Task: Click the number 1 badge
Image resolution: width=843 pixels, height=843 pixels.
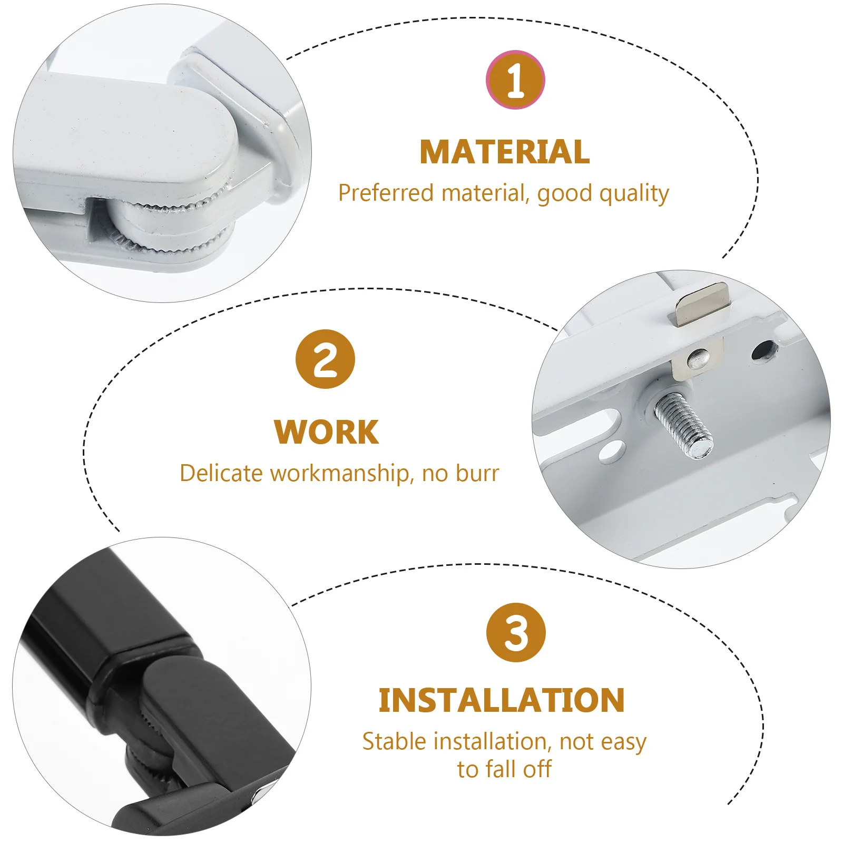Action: click(515, 80)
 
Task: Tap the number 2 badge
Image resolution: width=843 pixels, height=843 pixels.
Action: click(325, 359)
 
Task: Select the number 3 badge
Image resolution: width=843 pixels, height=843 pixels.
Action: click(516, 632)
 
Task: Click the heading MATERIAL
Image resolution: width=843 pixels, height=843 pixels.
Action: click(504, 152)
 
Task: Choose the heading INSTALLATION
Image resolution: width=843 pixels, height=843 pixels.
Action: click(501, 700)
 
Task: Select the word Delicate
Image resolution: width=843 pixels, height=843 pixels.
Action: click(221, 473)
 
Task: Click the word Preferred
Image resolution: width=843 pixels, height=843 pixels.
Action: click(386, 193)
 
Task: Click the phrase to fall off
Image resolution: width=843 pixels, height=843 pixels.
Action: click(504, 769)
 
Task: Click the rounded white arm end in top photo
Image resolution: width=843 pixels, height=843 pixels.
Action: click(211, 137)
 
